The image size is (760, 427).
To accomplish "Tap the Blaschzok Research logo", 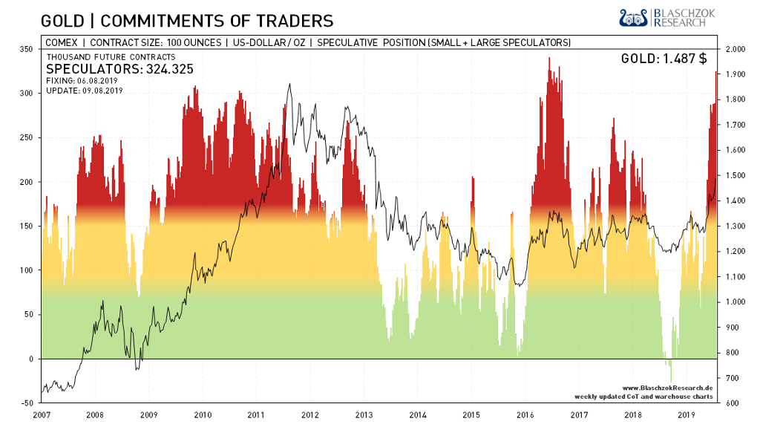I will (667, 19).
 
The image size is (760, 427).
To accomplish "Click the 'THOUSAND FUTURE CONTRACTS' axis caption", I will (111, 57).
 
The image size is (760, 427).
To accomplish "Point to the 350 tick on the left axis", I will (27, 49).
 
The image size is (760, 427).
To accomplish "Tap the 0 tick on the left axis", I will (31, 359).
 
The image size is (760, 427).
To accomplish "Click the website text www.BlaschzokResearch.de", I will (667, 388).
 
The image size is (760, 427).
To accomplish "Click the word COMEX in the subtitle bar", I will (62, 42).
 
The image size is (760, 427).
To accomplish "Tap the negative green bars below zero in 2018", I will (669, 368).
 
